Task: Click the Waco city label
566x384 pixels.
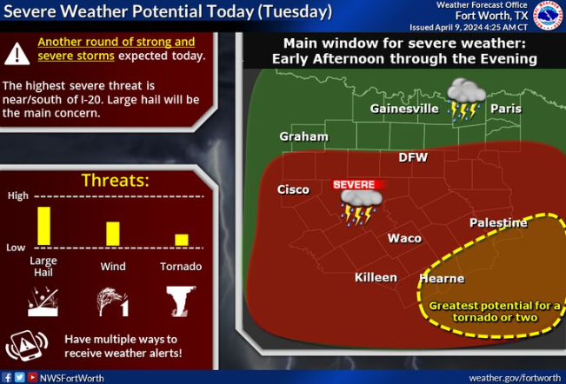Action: click(404, 238)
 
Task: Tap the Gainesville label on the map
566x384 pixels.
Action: click(404, 109)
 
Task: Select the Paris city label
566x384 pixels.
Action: click(506, 109)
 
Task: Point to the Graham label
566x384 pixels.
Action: click(304, 136)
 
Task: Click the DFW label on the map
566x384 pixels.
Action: click(413, 157)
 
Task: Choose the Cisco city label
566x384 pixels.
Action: click(293, 189)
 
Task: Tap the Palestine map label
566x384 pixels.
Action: click(498, 222)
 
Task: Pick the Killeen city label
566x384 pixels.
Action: click(376, 277)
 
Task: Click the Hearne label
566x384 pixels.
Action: click(442, 278)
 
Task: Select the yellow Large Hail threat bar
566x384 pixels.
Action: click(44, 226)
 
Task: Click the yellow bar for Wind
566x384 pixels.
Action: click(113, 234)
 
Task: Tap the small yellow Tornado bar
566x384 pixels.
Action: click(182, 240)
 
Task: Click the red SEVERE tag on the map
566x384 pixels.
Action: click(358, 184)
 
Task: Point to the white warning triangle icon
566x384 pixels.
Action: click(17, 54)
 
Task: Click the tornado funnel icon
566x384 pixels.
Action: click(181, 301)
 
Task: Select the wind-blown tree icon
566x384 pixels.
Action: click(112, 301)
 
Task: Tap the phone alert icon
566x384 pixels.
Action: click(27, 346)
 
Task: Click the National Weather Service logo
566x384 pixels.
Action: click(549, 16)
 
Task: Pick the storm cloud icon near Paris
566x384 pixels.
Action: click(466, 98)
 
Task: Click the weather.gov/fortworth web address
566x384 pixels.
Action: click(515, 378)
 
